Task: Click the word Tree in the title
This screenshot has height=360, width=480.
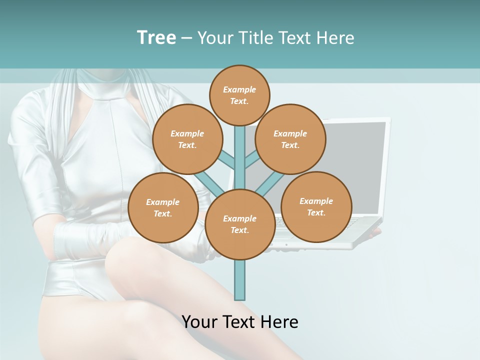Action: (156, 37)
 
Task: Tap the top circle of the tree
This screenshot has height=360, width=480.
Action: (239, 95)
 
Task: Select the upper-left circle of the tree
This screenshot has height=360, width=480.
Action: (187, 139)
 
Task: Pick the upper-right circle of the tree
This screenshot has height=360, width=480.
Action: (290, 139)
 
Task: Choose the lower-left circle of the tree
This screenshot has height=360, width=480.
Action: (163, 207)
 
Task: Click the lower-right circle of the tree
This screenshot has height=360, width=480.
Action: (316, 206)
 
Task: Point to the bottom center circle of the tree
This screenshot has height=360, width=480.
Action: (240, 224)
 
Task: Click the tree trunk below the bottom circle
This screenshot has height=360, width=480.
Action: (240, 280)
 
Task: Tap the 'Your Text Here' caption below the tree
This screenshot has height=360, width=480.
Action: (240, 321)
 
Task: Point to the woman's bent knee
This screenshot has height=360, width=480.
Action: (130, 260)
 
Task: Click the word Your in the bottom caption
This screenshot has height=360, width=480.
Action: (199, 321)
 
